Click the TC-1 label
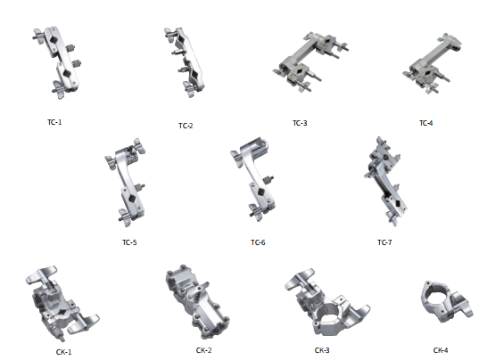54,122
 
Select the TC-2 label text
186,126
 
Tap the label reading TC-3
300,123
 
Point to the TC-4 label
425,123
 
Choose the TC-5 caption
129,242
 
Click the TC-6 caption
258,242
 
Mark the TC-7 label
384,242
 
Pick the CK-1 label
63,352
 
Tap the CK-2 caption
203,350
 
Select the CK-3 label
322,350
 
